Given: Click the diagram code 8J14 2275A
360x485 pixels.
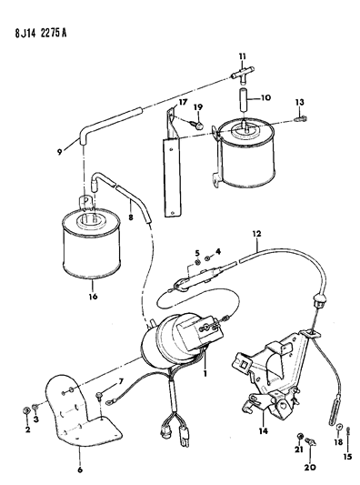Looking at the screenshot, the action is pos(41,33).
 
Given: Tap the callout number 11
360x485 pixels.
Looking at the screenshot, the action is pos(242,56).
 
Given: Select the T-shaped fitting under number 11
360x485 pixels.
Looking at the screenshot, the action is pos(243,76).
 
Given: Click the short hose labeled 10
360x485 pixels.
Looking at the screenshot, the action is pos(244,100).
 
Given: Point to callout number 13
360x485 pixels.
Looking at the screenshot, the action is pos(299,102).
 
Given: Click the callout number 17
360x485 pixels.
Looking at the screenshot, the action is pos(183,101).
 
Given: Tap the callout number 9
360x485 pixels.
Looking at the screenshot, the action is pos(60,152).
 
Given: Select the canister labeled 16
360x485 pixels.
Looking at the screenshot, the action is pos(92,243).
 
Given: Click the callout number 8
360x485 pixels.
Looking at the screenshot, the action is pos(131,217).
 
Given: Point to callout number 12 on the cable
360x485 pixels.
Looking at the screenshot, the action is pos(256,233).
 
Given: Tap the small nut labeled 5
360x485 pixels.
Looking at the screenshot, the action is pos(197,263).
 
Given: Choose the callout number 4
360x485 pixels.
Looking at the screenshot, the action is pos(218,251).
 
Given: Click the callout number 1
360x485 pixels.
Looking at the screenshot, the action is pos(205,374).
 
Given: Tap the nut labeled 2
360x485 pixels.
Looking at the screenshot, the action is pos(26,410).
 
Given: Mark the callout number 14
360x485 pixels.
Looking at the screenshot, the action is pos(264,430).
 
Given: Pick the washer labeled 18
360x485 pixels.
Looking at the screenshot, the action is pos(339,427).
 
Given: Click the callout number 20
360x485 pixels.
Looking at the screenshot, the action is pos(310,467).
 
